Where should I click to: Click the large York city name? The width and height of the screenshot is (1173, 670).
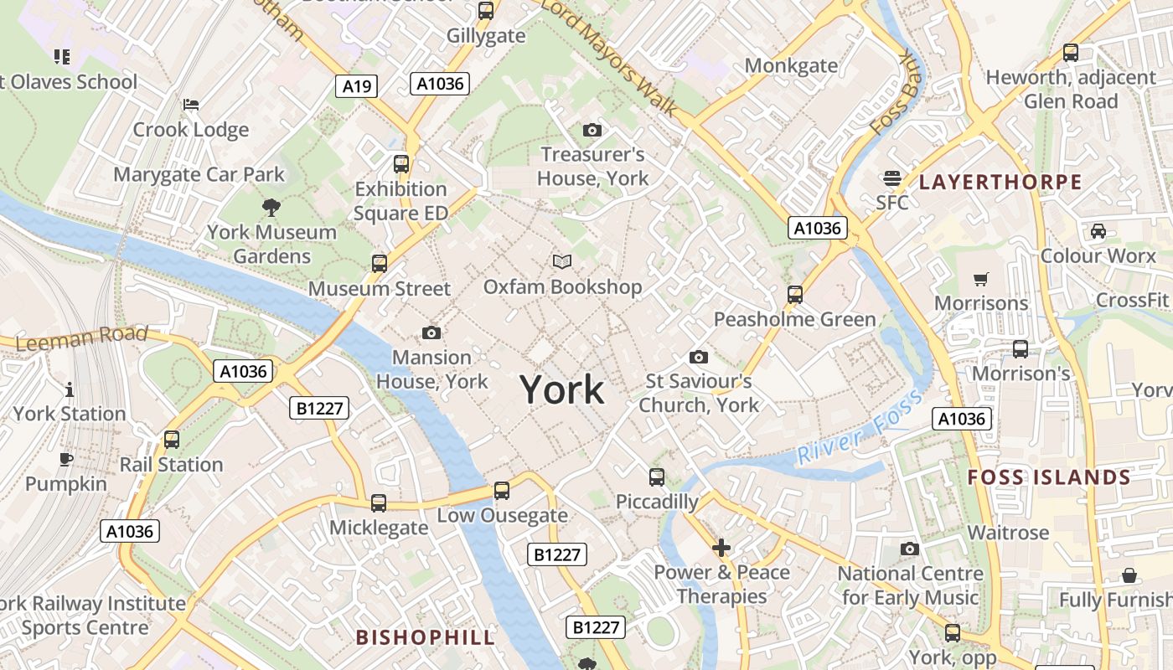coord(561,390)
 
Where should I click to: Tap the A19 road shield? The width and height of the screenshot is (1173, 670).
coord(358,85)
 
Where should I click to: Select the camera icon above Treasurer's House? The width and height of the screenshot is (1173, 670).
coord(592,130)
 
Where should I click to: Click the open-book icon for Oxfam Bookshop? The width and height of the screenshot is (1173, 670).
coord(562,262)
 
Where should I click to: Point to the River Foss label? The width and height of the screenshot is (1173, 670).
coord(859,426)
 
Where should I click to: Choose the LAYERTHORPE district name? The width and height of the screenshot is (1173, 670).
coord(1000,182)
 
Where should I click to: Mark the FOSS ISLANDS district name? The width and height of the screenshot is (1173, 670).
coord(1049,478)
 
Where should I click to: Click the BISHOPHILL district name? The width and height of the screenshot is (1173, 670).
coord(426,636)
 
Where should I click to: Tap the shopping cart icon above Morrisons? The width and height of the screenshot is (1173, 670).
coord(981,279)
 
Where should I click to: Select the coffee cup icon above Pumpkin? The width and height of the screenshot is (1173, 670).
coord(66,459)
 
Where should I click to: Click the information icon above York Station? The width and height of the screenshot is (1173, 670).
coord(69,389)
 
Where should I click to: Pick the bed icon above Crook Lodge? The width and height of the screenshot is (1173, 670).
coord(191,105)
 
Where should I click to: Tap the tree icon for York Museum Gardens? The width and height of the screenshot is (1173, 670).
coord(271,207)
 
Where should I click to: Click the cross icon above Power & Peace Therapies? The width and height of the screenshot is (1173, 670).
coord(721,548)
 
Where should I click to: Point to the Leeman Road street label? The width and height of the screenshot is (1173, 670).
coord(81,339)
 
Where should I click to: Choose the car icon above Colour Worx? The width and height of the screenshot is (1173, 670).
coord(1098,230)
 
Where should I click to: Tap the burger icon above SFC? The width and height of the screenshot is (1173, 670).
coord(891,178)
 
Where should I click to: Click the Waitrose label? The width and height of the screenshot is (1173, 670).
coord(1008,533)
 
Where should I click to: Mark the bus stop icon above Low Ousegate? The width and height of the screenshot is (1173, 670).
coord(502,490)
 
